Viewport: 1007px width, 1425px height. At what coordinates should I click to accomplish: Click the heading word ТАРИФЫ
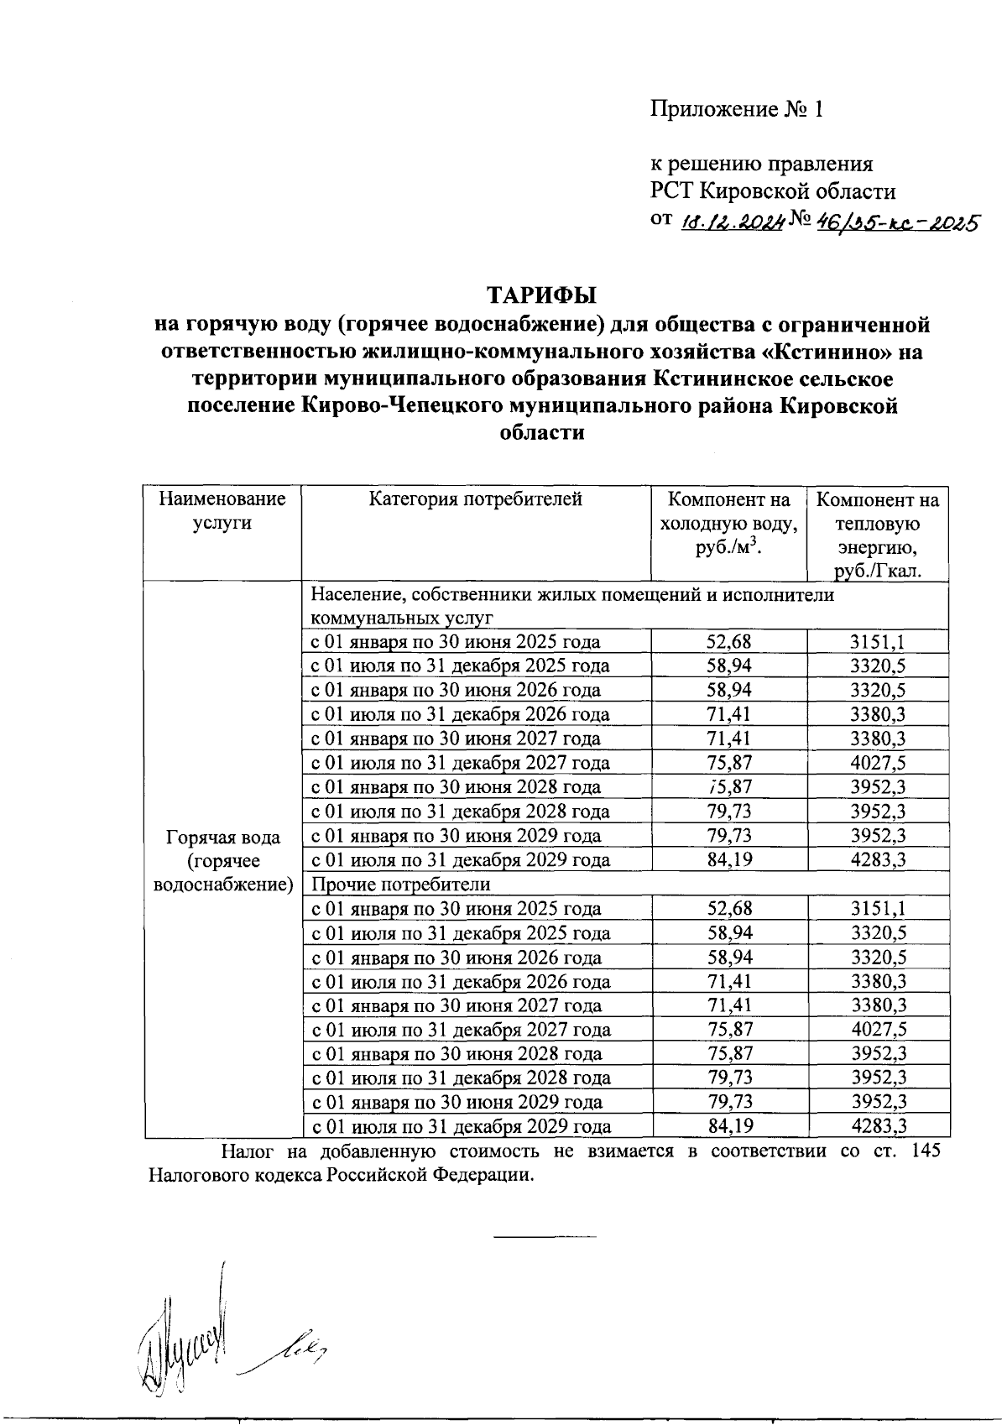pyautogui.click(x=541, y=295)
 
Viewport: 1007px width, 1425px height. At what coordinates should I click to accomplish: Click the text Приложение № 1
pyautogui.click(x=736, y=109)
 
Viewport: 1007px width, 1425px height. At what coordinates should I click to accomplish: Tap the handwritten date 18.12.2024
pyautogui.click(x=730, y=222)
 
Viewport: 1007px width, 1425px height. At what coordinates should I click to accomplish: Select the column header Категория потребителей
pyautogui.click(x=476, y=500)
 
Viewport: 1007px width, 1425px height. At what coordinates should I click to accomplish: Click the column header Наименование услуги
pyautogui.click(x=222, y=511)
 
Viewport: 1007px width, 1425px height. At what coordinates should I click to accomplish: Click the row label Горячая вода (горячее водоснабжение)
pyautogui.click(x=222, y=860)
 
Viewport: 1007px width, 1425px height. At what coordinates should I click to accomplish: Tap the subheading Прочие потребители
pyautogui.click(x=400, y=885)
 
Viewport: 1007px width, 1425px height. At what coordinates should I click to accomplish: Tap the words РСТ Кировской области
pyautogui.click(x=773, y=191)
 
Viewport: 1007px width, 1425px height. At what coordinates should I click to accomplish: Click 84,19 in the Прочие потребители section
pyautogui.click(x=728, y=1126)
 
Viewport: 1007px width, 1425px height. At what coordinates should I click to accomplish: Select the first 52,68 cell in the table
pyautogui.click(x=728, y=643)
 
